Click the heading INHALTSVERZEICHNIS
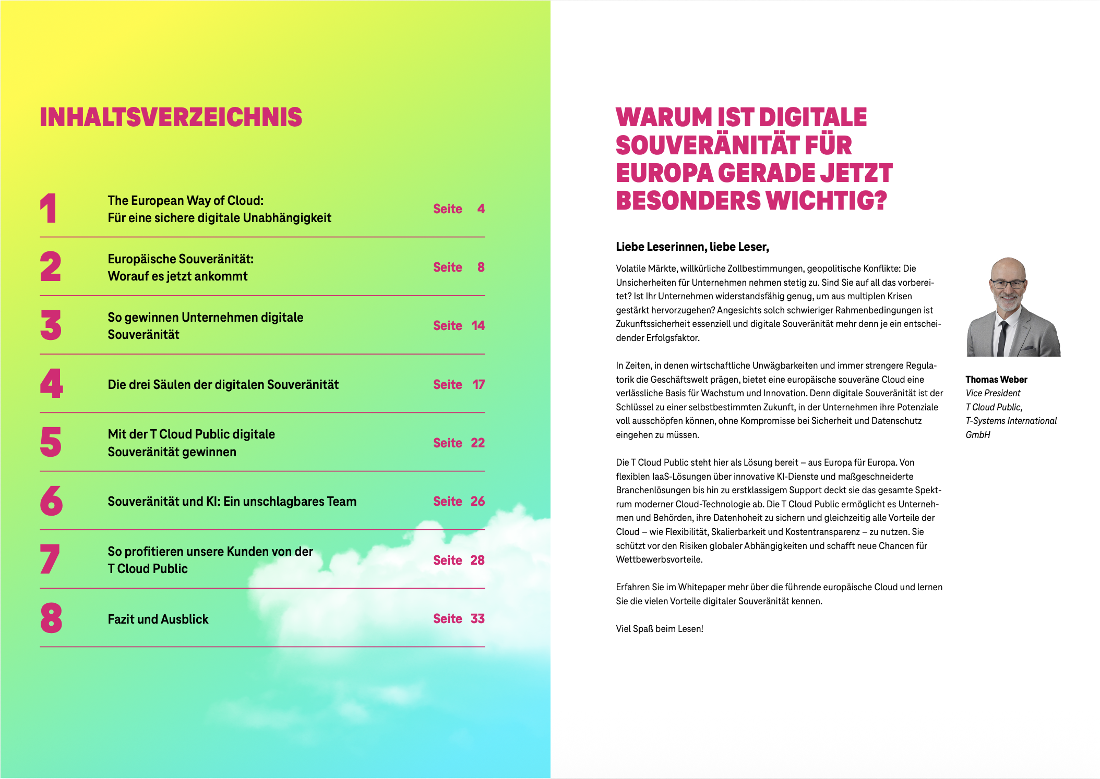click(171, 117)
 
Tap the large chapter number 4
click(51, 384)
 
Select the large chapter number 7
click(50, 559)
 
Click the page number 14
click(478, 326)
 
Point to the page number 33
click(477, 619)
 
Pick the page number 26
click(477, 502)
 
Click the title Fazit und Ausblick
click(158, 619)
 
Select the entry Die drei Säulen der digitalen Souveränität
click(223, 385)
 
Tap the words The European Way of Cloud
click(185, 201)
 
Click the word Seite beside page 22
click(447, 443)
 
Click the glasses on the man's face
click(1008, 284)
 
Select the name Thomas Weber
click(996, 380)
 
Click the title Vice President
click(993, 393)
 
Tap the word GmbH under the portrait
click(977, 435)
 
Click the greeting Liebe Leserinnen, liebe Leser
click(692, 247)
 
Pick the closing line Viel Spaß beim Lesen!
click(659, 629)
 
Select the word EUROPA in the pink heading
click(664, 174)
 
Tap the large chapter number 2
click(51, 267)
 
